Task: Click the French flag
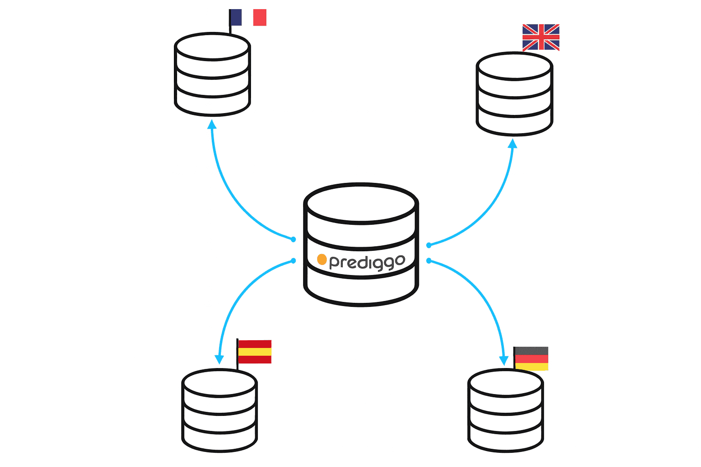click(248, 17)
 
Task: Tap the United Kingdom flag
click(541, 37)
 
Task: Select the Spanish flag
click(255, 352)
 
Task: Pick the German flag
click(531, 358)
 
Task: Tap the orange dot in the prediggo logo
click(322, 259)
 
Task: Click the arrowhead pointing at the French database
click(212, 124)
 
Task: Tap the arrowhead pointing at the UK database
click(513, 144)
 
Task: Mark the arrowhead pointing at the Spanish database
click(220, 359)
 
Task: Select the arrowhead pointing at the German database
click(503, 360)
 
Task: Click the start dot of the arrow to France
click(293, 239)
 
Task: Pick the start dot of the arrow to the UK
click(429, 245)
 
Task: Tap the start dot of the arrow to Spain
click(293, 261)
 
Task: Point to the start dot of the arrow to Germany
click(429, 261)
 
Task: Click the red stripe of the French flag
click(260, 17)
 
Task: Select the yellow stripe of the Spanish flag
click(255, 352)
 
